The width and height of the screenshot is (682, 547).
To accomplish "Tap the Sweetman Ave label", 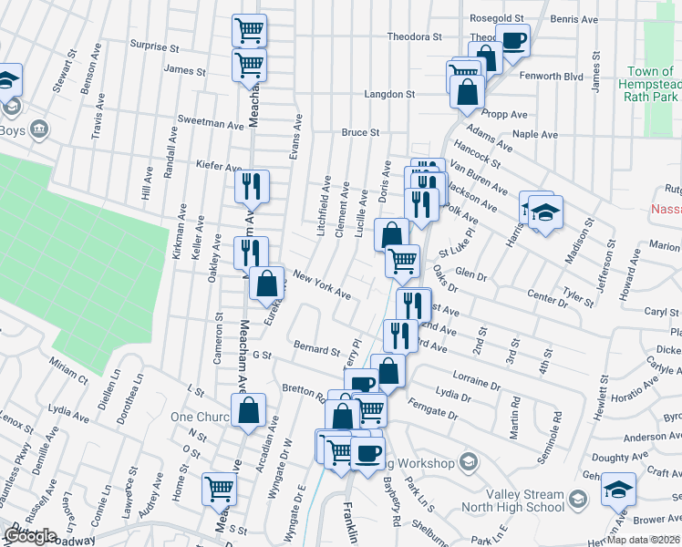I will click(212, 120).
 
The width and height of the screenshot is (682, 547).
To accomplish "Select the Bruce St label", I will click(360, 132).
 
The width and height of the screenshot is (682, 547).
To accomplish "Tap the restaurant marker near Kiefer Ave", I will click(253, 186).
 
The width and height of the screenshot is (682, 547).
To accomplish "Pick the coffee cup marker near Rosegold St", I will click(511, 41).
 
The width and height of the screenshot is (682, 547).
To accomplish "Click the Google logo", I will click(30, 535).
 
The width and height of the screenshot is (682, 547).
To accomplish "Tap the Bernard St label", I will click(316, 349).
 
